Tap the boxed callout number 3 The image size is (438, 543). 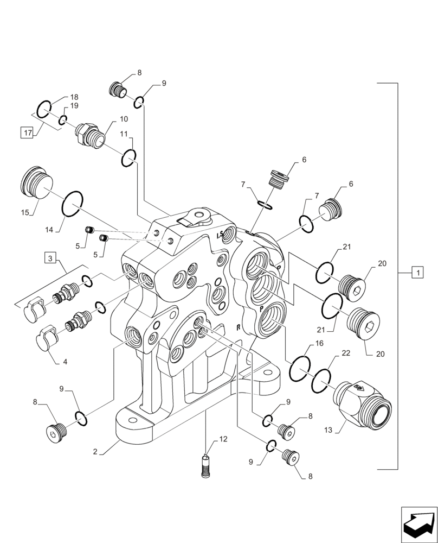[50, 258]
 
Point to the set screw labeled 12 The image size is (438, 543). [205, 466]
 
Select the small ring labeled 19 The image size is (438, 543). [63, 120]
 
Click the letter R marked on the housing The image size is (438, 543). [238, 327]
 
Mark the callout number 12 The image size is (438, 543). [223, 438]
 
